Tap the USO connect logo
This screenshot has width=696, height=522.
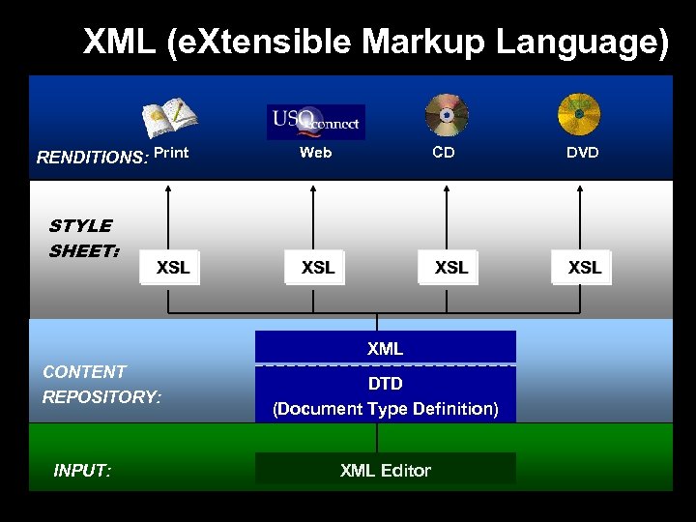(x=315, y=122)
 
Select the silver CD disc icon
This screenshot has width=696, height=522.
(x=446, y=116)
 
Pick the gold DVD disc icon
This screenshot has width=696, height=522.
(x=579, y=114)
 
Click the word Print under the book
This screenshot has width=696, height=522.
(x=171, y=152)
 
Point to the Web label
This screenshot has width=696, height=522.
(x=315, y=152)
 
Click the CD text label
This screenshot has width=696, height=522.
(x=444, y=152)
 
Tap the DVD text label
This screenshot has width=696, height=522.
(x=582, y=152)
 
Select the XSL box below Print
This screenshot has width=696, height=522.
(x=172, y=268)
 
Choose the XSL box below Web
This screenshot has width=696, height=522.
(x=317, y=268)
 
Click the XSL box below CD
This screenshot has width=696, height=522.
(x=450, y=268)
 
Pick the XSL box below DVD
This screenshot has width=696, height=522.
(x=584, y=268)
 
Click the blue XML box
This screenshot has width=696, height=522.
(x=385, y=348)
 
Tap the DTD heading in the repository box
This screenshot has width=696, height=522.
(x=385, y=384)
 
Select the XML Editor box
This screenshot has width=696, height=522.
(x=385, y=470)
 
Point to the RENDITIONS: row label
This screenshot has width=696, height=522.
(x=92, y=158)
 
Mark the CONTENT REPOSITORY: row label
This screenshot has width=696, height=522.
(x=101, y=384)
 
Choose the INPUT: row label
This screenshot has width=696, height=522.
(x=83, y=471)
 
